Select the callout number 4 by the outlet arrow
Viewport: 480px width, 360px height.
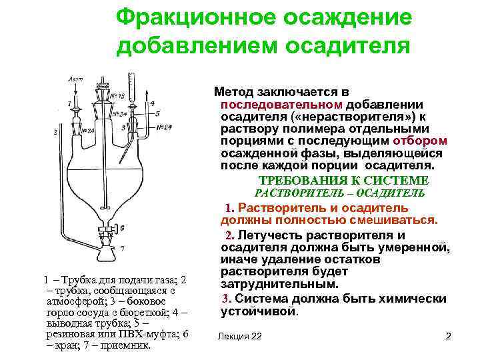click(153, 104)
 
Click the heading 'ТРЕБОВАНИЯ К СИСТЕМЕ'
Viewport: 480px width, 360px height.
click(343, 180)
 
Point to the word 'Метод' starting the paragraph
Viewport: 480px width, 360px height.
click(231, 91)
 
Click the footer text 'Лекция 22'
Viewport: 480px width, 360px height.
click(239, 337)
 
